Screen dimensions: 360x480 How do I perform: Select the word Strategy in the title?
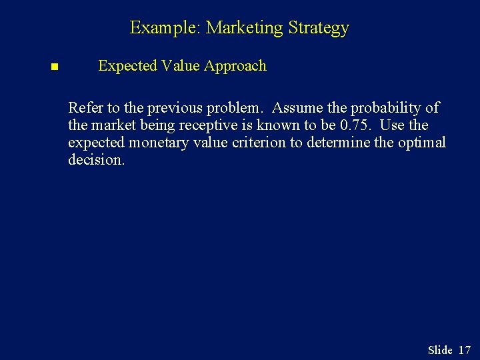tap(318, 29)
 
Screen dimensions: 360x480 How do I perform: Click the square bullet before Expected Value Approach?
tap(54, 67)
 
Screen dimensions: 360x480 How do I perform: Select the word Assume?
tap(296, 108)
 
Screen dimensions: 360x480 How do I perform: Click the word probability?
tap(388, 108)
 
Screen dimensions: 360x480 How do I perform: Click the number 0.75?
tap(355, 125)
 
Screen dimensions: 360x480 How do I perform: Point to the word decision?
tap(96, 160)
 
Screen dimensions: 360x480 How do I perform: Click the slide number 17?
tap(465, 350)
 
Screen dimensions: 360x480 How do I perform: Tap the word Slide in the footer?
tap(440, 350)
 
